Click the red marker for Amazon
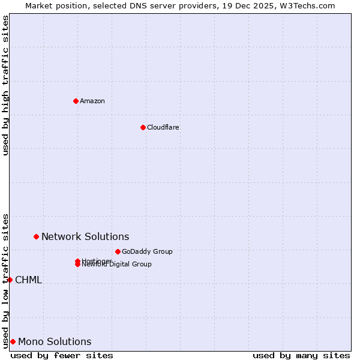76,101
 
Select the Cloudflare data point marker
143,127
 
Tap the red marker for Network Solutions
36,236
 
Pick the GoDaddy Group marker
118,251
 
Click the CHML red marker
10,280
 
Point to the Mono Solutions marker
13,341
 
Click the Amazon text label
92,101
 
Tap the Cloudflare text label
163,127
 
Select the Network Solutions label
85,236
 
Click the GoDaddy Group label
147,251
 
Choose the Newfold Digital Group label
117,265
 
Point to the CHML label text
28,280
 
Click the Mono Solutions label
55,341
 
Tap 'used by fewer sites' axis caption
62,355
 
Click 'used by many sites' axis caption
301,355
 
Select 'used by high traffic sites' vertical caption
5,85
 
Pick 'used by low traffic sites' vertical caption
5,280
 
